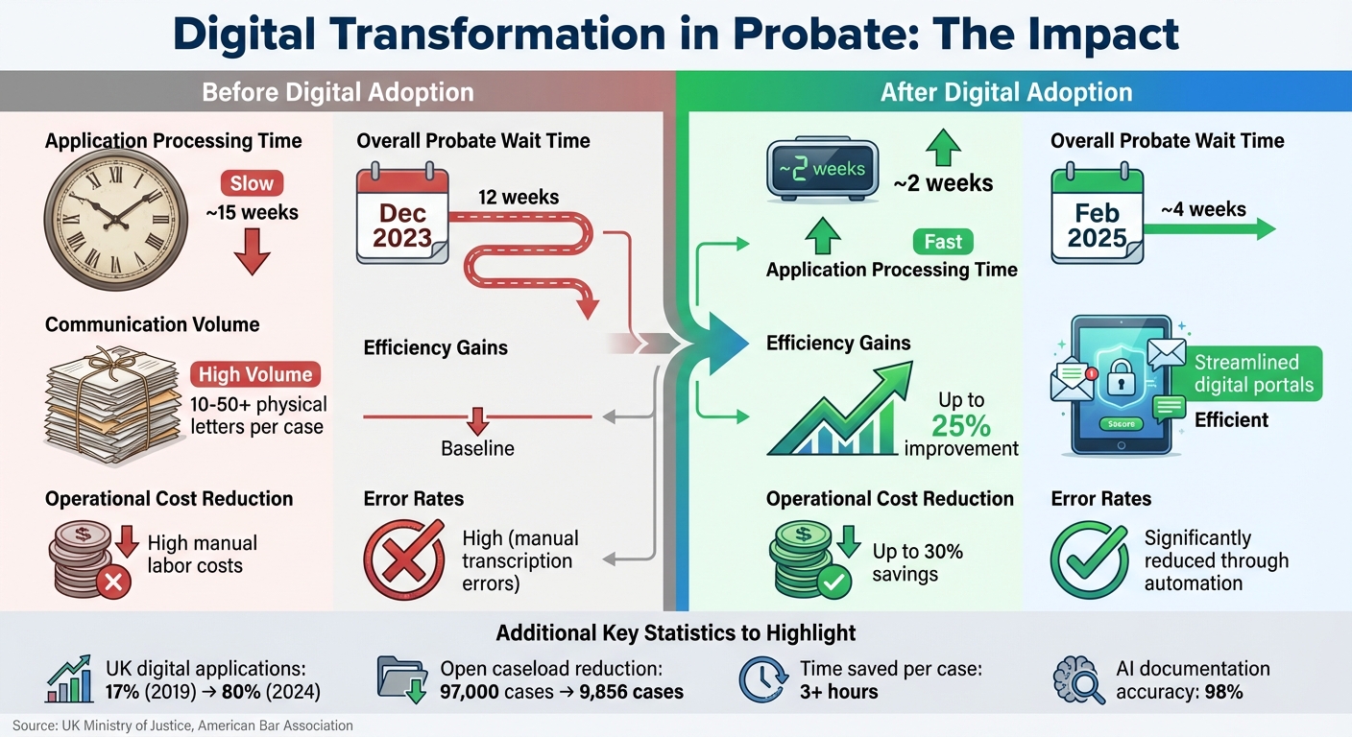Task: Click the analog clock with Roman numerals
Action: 115,222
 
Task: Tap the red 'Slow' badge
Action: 252,183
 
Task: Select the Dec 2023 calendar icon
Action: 402,216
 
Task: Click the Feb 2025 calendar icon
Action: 1097,216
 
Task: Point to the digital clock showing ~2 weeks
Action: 822,170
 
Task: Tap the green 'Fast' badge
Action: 943,242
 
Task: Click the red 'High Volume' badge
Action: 255,374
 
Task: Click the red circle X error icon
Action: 404,560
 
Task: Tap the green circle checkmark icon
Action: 1089,560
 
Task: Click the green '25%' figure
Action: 960,425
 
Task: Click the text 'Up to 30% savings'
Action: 917,563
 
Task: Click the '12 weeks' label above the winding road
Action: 518,198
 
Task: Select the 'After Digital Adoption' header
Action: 1006,93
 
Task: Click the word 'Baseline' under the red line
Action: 477,448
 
